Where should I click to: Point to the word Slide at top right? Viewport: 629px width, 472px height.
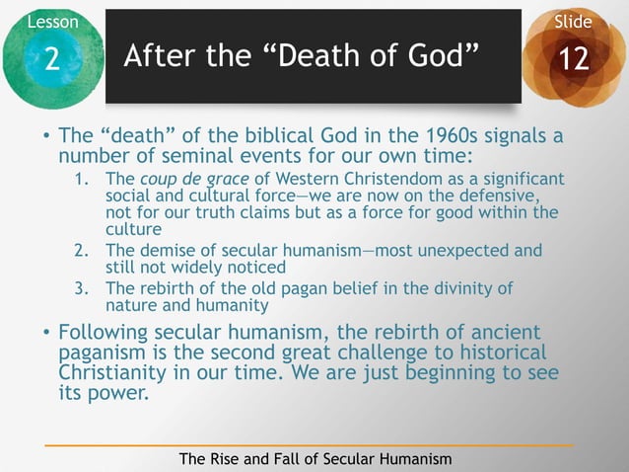574,21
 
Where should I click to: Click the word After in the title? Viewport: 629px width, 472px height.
155,58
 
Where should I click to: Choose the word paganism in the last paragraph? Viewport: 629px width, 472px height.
104,354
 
